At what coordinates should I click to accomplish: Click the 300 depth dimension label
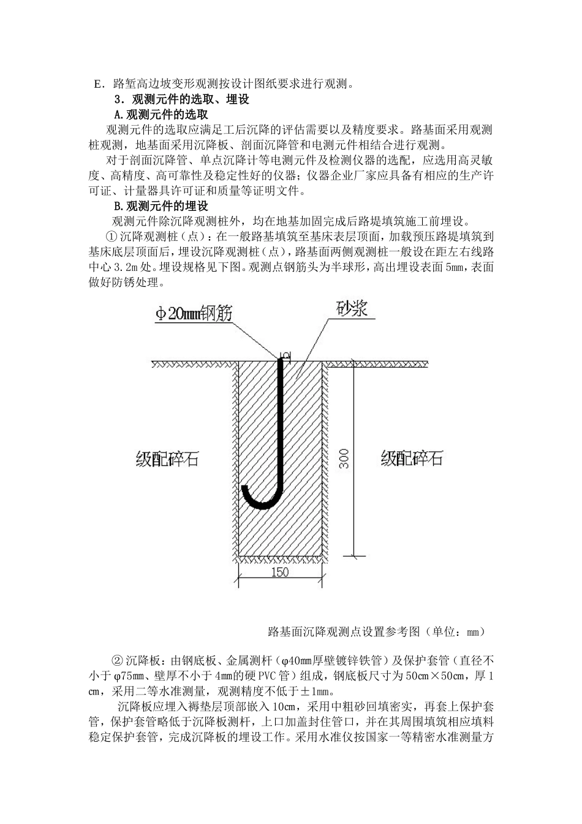pyautogui.click(x=344, y=459)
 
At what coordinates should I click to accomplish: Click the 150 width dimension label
pyautogui.click(x=279, y=573)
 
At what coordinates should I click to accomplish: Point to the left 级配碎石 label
pyautogui.click(x=167, y=459)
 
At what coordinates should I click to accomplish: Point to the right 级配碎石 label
pyautogui.click(x=412, y=459)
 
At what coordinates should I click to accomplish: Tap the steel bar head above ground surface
pyautogui.click(x=283, y=355)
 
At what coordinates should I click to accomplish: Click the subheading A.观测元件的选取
pyautogui.click(x=161, y=115)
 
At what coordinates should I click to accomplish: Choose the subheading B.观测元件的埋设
pyautogui.click(x=161, y=205)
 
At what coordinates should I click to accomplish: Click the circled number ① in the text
pyautogui.click(x=111, y=236)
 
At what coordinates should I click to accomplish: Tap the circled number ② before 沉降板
pyautogui.click(x=118, y=660)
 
